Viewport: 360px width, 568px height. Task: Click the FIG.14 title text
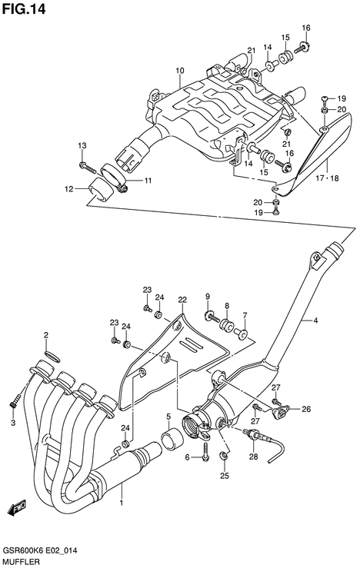[x=24, y=9]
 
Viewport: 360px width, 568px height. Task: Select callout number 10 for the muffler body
[x=180, y=70]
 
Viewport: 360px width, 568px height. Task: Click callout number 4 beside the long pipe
[x=316, y=321]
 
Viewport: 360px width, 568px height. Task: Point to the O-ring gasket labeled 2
[x=52, y=356]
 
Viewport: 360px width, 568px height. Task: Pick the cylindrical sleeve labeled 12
[x=100, y=189]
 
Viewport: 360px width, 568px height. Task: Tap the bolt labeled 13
[x=87, y=168]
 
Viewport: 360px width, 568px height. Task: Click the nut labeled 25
[x=224, y=455]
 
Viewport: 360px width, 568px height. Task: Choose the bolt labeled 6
[x=205, y=451]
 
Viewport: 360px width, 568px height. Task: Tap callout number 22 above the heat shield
[x=182, y=300]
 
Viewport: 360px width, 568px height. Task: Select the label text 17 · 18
[x=327, y=178]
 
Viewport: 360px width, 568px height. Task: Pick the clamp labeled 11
[x=114, y=178]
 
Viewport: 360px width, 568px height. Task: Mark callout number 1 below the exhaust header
[x=122, y=503]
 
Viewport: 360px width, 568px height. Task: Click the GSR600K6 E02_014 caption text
[x=40, y=551]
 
